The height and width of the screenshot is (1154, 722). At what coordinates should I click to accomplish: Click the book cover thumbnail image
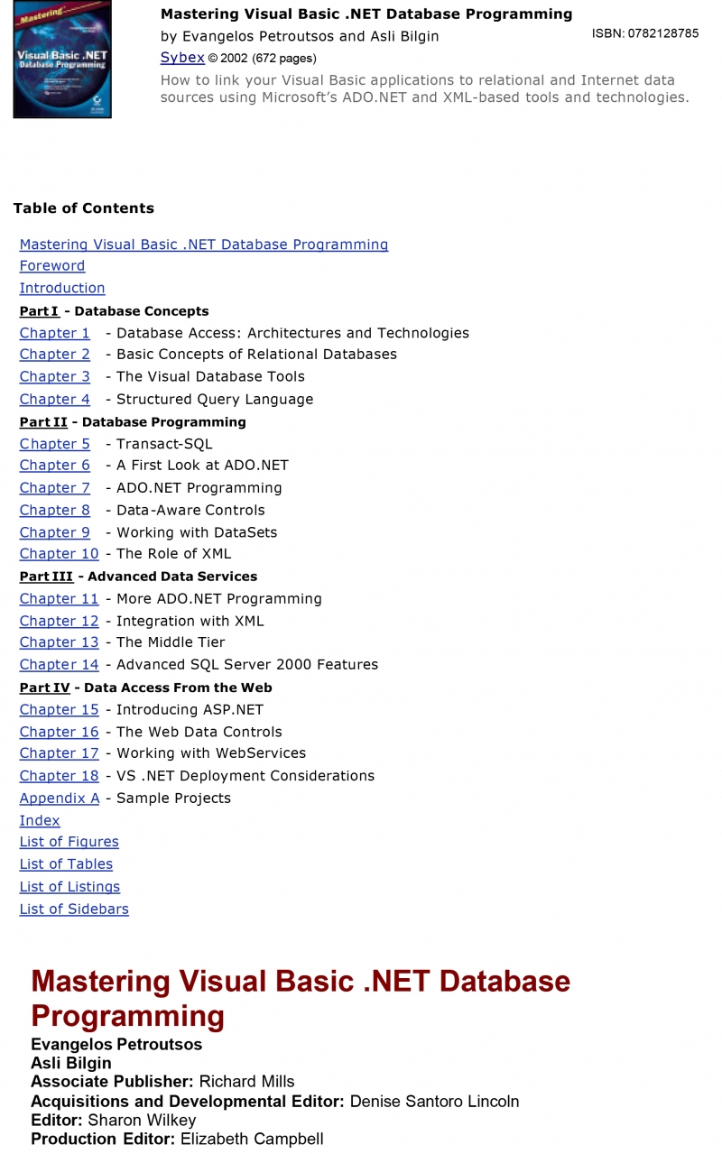[x=62, y=60]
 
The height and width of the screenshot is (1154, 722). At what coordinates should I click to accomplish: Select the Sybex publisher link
[x=182, y=58]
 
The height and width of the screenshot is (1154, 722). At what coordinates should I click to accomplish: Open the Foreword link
[x=52, y=266]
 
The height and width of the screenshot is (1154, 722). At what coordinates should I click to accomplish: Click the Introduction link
[x=62, y=289]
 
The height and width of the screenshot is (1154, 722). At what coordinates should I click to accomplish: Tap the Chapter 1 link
[x=55, y=333]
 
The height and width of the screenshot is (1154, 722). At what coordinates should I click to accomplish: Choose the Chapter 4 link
[x=55, y=400]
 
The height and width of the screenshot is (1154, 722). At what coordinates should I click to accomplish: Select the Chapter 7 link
[x=55, y=488]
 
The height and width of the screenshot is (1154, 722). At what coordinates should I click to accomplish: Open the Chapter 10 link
[x=60, y=554]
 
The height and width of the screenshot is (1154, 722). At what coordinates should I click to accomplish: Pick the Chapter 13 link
[x=60, y=642]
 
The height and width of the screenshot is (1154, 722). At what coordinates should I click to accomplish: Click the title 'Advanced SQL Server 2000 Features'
[x=247, y=665]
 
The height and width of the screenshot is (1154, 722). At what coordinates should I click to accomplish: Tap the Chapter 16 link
[x=60, y=732]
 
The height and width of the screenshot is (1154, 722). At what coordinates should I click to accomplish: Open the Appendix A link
[x=60, y=799]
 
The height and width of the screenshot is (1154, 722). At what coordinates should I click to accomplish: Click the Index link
[x=40, y=821]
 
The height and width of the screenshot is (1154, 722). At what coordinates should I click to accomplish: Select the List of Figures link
[x=69, y=842]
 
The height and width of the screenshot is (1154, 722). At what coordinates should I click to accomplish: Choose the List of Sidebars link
[x=74, y=909]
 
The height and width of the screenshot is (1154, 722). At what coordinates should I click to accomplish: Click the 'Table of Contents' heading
[x=84, y=208]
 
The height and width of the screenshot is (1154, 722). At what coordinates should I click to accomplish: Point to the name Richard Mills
[x=246, y=1082]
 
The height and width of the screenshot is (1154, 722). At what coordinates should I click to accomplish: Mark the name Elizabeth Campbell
[x=252, y=1139]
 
